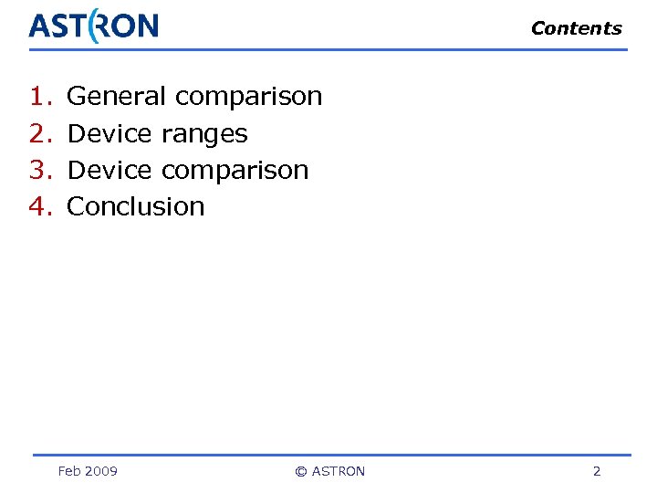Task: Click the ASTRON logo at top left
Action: click(93, 26)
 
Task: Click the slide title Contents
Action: click(576, 28)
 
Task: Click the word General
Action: click(117, 96)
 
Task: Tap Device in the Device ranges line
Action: click(109, 133)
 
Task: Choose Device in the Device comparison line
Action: click(109, 170)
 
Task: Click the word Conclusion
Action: click(137, 206)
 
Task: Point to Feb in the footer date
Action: click(69, 471)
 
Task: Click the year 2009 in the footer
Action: click(101, 471)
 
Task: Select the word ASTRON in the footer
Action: click(339, 471)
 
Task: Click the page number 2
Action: click(597, 471)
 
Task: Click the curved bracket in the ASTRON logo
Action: click(95, 26)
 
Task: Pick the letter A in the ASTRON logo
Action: click(39, 26)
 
